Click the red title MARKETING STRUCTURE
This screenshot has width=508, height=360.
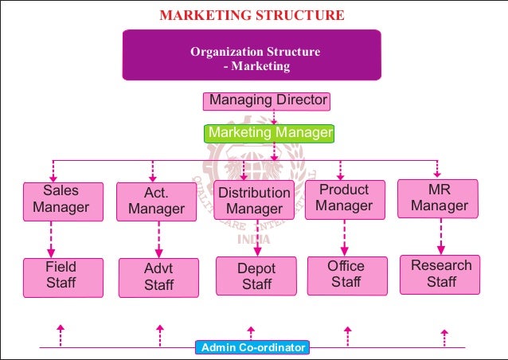[252, 15]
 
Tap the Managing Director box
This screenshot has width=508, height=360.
[266, 101]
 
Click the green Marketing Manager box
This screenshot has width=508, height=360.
[269, 132]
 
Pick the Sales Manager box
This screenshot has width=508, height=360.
[61, 200]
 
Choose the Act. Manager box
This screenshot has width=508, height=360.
[156, 202]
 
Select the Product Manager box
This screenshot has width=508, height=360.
[345, 198]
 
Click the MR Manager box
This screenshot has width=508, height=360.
[439, 198]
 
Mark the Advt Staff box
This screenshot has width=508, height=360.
[158, 277]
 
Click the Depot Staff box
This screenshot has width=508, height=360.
[256, 276]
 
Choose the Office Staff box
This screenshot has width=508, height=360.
[346, 275]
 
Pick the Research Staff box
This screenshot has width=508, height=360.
[440, 274]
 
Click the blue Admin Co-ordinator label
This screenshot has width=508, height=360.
[252, 347]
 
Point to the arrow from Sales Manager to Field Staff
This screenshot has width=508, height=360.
[53, 237]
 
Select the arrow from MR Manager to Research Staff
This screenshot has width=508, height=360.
[440, 236]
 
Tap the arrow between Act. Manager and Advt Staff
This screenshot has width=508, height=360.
[158, 239]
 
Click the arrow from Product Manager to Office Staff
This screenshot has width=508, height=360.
[345, 237]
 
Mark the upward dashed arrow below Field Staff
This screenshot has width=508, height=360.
[60, 334]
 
